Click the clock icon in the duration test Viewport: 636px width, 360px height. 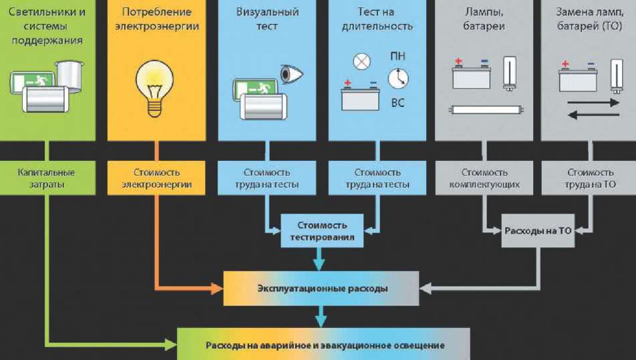click(397, 79)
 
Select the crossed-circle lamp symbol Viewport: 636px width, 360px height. click(361, 62)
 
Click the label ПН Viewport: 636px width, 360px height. click(397, 55)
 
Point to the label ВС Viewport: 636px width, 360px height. click(397, 103)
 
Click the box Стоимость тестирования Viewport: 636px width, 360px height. click(322, 229)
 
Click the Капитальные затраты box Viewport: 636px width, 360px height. click(47, 178)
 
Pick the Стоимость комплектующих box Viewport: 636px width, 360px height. click(484, 178)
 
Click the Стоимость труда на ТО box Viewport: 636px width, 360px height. click(590, 178)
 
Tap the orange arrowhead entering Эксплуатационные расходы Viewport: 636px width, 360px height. click(217, 289)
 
